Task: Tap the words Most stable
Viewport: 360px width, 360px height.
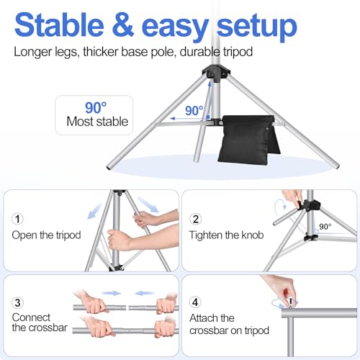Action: click(x=97, y=122)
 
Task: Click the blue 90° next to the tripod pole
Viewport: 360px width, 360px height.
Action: click(x=193, y=112)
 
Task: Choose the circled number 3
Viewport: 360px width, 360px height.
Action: click(x=19, y=302)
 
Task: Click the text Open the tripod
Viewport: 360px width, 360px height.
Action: click(x=45, y=235)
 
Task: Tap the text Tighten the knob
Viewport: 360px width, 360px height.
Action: click(x=225, y=235)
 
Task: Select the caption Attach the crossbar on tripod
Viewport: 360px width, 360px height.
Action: click(x=229, y=324)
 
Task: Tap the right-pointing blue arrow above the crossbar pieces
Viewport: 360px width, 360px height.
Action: click(x=110, y=293)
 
